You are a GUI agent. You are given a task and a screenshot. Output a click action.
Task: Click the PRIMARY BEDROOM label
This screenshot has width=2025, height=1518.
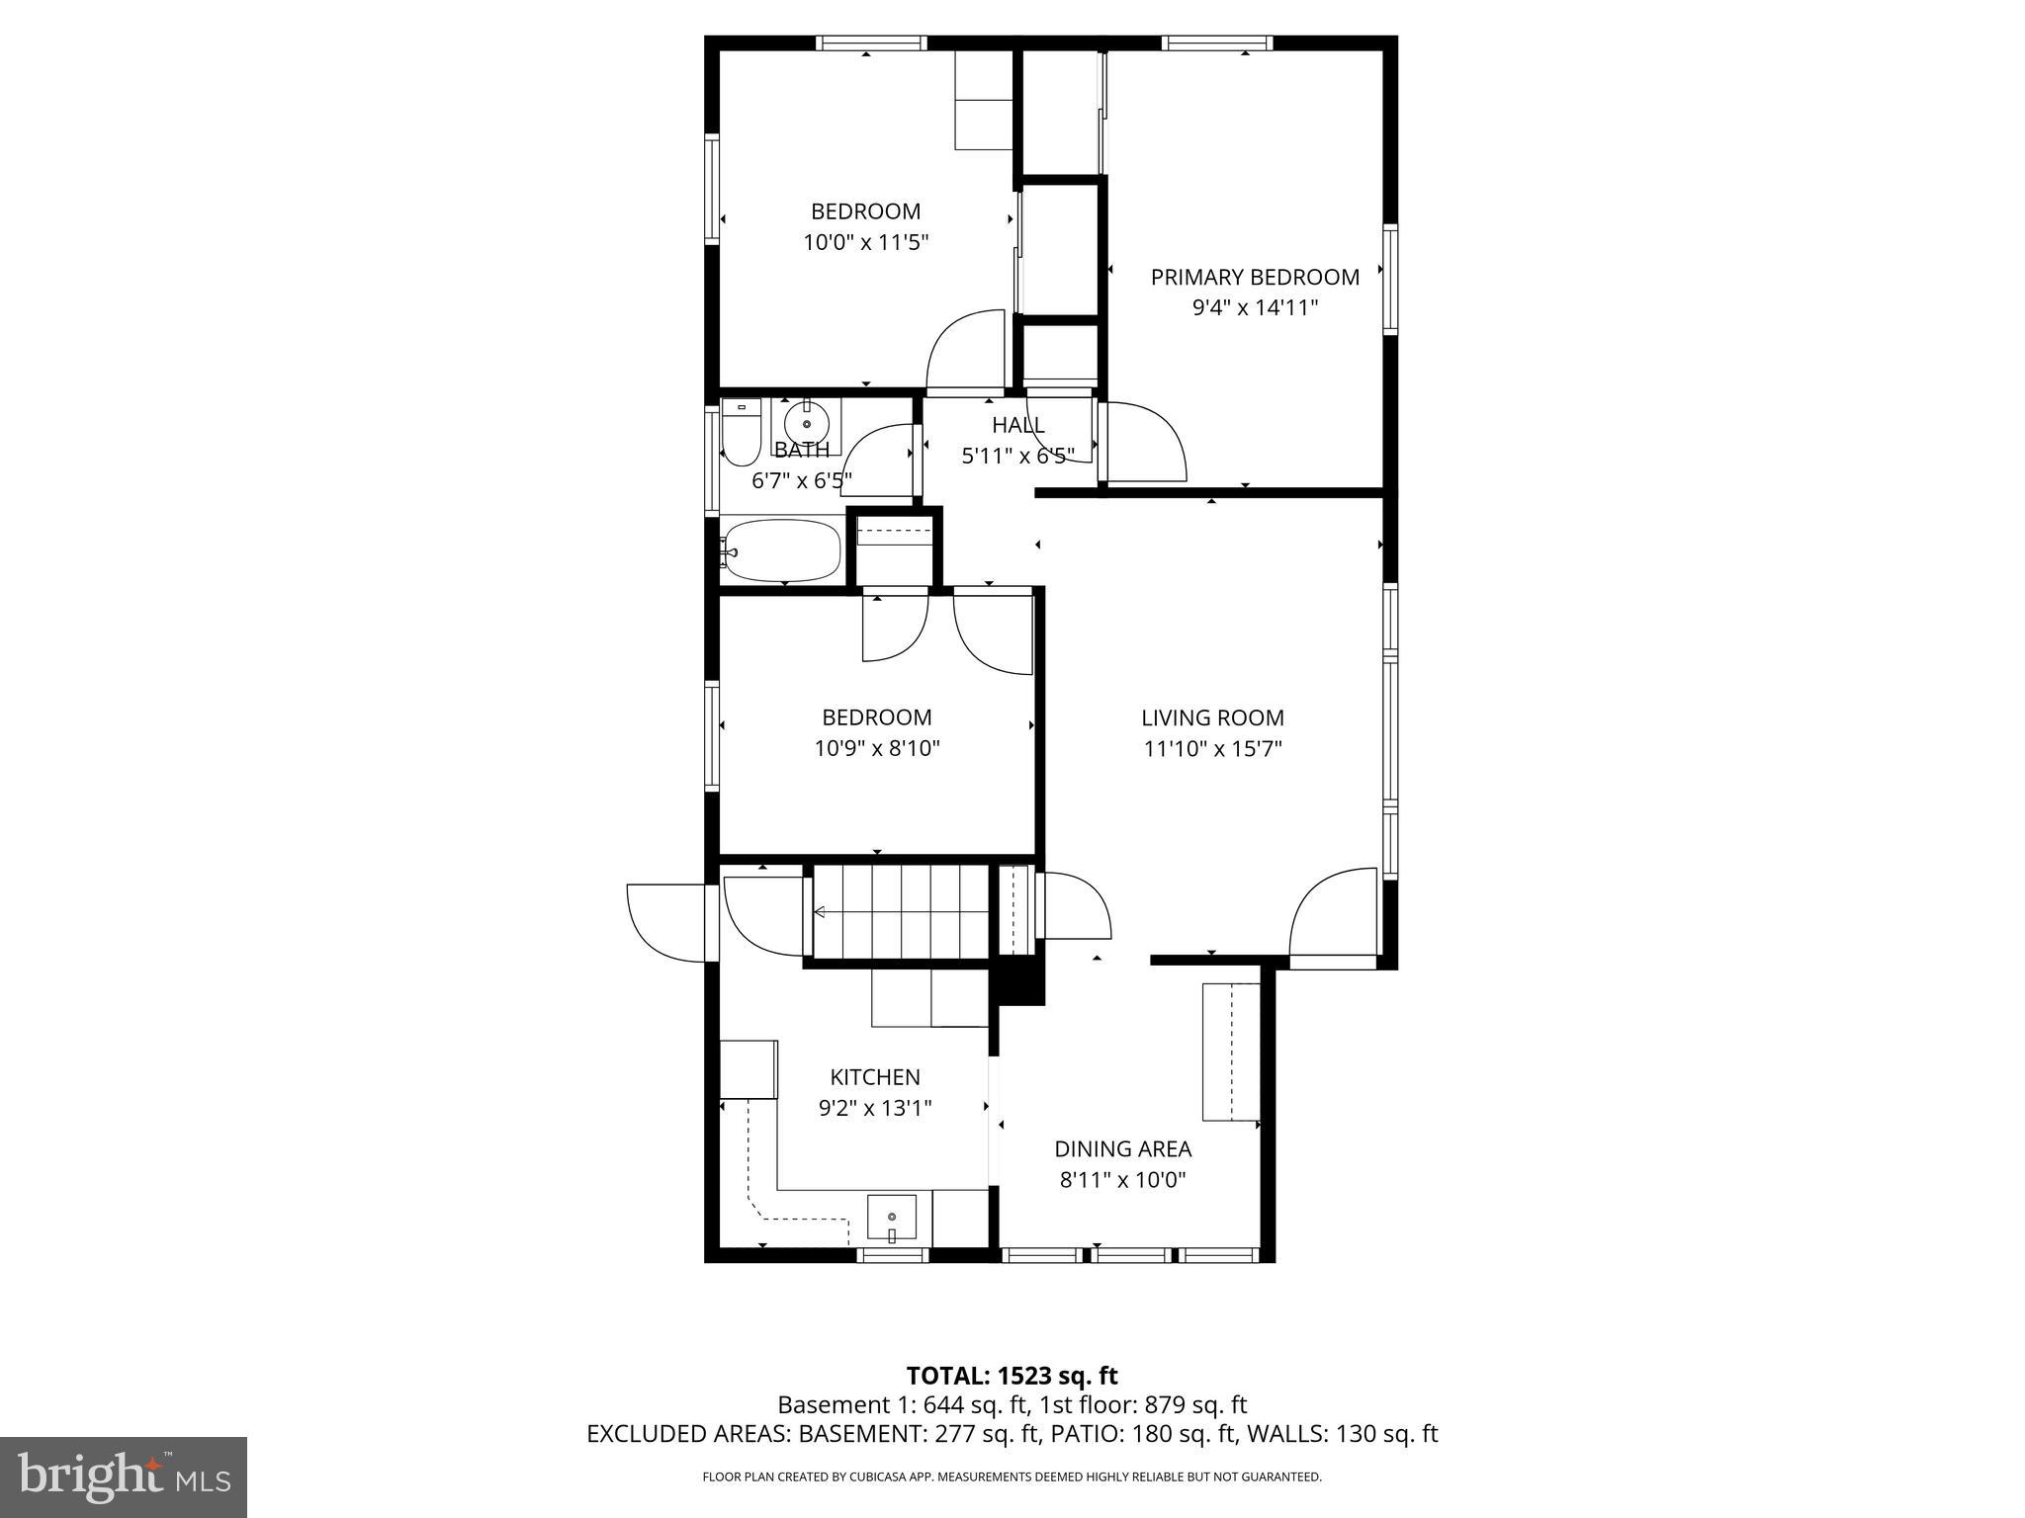point(1254,278)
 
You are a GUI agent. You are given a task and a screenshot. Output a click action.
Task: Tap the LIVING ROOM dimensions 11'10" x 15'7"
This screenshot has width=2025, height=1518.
point(1212,749)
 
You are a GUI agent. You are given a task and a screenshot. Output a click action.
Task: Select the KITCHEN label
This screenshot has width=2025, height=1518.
point(874,1077)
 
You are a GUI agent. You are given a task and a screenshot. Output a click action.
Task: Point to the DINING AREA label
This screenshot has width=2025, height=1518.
point(1122,1149)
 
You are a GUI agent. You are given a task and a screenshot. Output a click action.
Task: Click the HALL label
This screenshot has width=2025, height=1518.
point(1017,426)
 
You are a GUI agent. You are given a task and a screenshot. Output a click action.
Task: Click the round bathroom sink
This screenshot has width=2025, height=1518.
point(807,424)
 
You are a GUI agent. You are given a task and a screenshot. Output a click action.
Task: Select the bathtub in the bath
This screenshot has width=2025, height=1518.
point(781,551)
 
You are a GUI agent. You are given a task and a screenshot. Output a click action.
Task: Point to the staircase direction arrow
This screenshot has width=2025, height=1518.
point(822,912)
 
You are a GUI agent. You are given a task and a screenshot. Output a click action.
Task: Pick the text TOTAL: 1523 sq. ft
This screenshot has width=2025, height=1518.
point(1012,1376)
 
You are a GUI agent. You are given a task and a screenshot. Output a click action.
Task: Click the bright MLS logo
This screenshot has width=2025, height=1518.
point(123,1477)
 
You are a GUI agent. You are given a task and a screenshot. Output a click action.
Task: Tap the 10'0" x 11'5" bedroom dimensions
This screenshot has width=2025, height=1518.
point(865,242)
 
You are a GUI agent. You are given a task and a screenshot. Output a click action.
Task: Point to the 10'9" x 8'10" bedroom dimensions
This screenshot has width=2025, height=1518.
point(876,749)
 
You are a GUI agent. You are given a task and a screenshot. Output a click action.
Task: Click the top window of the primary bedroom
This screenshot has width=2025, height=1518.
point(1216,42)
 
